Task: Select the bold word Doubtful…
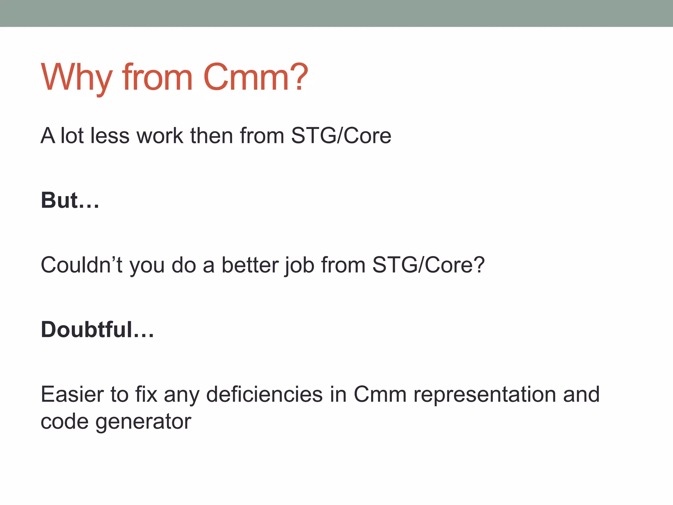tap(97, 329)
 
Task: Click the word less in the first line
tap(110, 135)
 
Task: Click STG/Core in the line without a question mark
tap(341, 135)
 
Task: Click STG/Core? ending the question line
tap(428, 265)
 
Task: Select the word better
tap(249, 265)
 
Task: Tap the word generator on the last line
tap(143, 422)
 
